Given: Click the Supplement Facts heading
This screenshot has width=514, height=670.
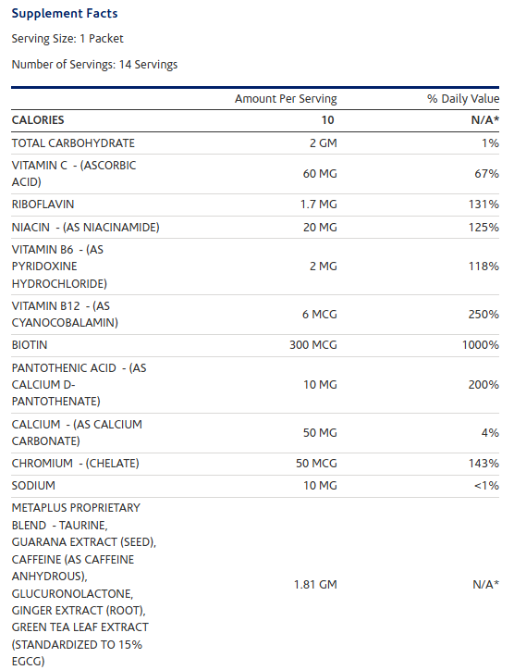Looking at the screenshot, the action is (65, 13).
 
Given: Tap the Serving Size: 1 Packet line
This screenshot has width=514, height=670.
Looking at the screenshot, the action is (67, 39).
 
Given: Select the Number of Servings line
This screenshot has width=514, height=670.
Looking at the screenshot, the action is (94, 65).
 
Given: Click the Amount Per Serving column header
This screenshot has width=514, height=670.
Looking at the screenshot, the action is (286, 99).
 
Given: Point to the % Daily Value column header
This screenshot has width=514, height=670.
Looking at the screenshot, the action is (463, 99).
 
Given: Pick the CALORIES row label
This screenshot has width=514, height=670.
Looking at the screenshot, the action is (38, 120).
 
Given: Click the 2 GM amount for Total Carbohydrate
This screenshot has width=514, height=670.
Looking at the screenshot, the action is (324, 143).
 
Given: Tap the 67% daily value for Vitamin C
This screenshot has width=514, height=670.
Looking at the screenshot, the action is (486, 174).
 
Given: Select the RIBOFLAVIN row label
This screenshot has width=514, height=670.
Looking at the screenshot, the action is (43, 205).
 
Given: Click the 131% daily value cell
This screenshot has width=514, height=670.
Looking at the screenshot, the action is (483, 205).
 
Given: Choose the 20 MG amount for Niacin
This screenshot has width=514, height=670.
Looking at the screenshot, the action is (320, 228).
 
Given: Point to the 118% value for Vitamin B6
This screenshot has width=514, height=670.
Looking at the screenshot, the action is (483, 267).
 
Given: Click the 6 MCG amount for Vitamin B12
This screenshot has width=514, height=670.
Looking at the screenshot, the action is (320, 315).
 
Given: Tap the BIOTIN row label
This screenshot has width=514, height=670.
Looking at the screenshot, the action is (30, 345).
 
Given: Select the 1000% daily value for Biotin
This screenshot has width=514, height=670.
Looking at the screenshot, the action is (481, 345).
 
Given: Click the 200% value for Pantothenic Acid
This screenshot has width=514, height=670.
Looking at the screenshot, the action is (483, 385).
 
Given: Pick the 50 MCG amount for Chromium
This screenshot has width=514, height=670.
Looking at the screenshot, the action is (316, 464).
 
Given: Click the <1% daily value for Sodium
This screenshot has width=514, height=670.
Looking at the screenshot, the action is (486, 486).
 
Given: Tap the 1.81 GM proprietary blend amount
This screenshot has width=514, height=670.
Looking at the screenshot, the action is (315, 585).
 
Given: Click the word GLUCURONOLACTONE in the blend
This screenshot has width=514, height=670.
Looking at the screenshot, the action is (73, 593).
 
